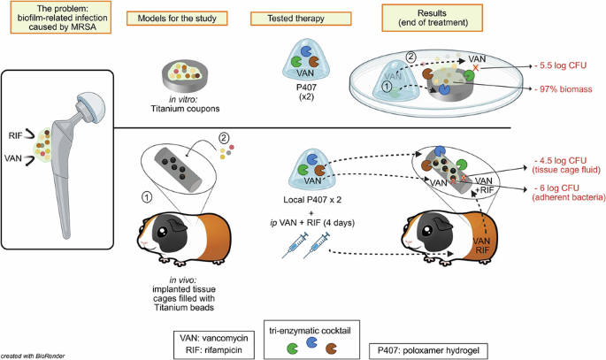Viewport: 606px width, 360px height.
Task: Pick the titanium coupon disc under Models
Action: pos(187,80)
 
